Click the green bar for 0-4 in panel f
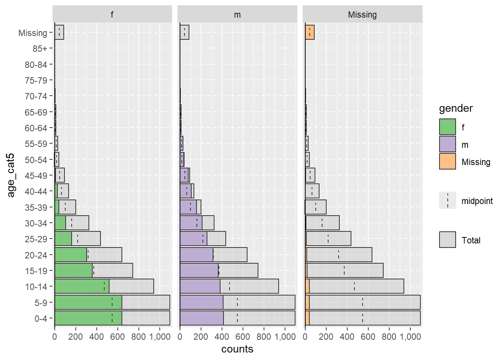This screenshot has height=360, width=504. (88, 318)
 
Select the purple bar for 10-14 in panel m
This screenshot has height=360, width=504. (200, 286)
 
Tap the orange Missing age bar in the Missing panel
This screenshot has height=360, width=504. (310, 32)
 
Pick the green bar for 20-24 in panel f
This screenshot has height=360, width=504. (70, 255)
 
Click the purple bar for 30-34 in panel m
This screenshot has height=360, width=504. (191, 223)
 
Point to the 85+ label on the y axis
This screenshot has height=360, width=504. (40, 49)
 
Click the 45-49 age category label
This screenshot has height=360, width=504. (36, 176)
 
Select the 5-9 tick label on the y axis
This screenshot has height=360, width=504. (41, 303)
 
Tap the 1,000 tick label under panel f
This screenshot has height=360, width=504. (159, 337)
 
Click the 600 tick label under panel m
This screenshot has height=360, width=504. (243, 337)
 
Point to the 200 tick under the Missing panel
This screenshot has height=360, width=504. (326, 337)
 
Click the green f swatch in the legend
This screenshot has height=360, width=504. (447, 127)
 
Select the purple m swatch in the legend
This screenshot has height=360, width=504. (447, 144)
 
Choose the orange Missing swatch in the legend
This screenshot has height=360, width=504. (447, 161)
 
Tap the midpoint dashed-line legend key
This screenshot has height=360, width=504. (447, 200)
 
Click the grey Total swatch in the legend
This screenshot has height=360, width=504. (447, 240)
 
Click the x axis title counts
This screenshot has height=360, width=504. (237, 349)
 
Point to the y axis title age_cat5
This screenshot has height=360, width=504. (11, 175)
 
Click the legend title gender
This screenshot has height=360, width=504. (456, 109)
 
